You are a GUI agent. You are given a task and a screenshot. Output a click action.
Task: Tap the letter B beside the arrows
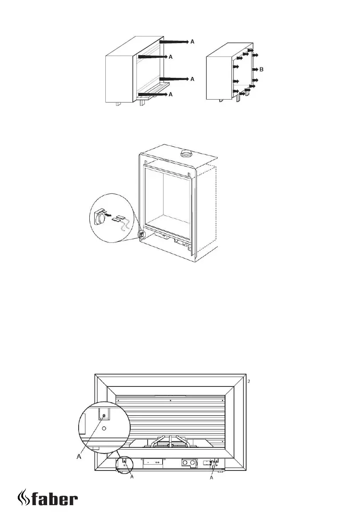click(262, 69)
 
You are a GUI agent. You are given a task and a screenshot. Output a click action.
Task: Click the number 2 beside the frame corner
click(249, 381)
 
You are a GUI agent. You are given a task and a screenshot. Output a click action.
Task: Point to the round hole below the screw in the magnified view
click(104, 429)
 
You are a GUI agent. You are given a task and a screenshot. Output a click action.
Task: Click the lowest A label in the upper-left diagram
click(171, 94)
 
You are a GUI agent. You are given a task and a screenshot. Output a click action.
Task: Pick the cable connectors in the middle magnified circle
click(118, 218)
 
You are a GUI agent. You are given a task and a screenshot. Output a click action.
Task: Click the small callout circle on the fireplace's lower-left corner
click(142, 233)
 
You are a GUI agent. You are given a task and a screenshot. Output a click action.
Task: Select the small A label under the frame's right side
click(212, 478)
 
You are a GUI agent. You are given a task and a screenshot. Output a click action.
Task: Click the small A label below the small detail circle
click(131, 478)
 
